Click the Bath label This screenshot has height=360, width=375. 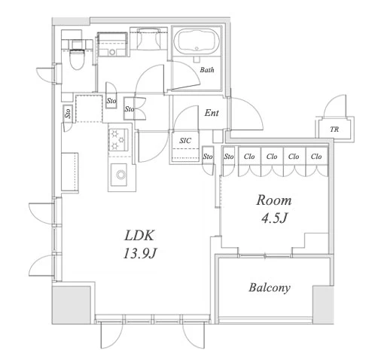[x=207, y=70]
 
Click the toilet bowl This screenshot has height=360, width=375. [x=76, y=59]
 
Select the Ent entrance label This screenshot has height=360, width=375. [x=212, y=113]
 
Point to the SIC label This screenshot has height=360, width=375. [x=185, y=141]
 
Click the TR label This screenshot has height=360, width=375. [x=334, y=130]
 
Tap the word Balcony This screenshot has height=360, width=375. [x=270, y=288]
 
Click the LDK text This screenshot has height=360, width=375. [x=139, y=236]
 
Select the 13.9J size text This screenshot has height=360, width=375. [x=139, y=253]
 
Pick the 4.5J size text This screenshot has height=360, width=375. [x=274, y=218]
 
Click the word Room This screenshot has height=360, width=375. [x=274, y=200]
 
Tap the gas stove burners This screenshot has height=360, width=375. [x=118, y=140]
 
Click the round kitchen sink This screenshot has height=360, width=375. [x=120, y=175]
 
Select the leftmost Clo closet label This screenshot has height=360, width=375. [x=249, y=157]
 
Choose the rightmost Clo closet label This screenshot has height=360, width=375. [x=316, y=157]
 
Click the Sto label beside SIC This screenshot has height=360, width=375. [x=208, y=157]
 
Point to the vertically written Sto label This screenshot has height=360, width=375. [x=68, y=113]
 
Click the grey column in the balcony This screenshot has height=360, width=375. [x=323, y=304]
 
